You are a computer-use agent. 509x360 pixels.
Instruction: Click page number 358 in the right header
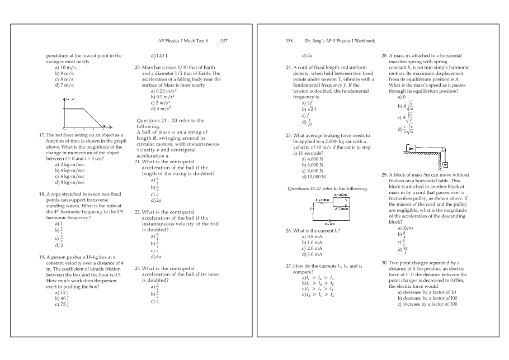(x=289, y=41)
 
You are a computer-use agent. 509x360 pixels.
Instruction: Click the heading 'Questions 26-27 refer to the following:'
(x=327, y=188)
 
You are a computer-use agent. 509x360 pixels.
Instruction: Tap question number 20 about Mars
(x=138, y=67)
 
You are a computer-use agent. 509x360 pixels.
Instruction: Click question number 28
(x=384, y=56)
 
